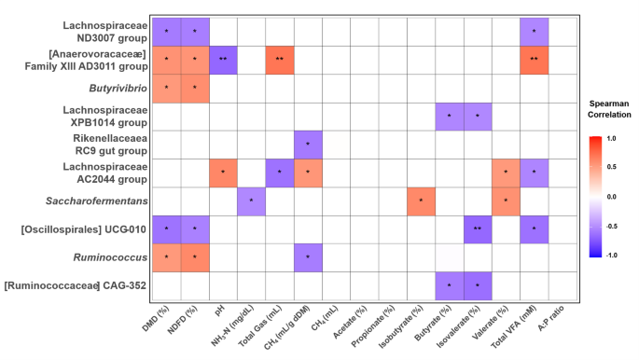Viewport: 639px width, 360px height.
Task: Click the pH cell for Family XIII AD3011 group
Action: pos(224,61)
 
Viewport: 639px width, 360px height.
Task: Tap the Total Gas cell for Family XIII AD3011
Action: pos(280,61)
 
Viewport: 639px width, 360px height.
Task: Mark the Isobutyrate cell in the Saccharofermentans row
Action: pos(421,201)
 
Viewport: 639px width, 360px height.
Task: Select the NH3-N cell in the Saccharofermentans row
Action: pos(252,201)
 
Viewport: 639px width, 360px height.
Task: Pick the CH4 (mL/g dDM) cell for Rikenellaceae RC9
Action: pos(308,145)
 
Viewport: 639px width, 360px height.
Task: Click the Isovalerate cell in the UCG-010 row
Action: pos(478,228)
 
